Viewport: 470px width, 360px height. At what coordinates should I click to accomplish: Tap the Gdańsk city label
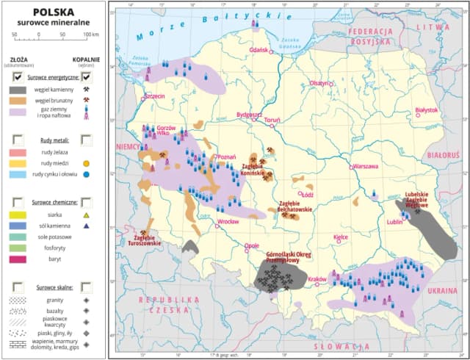258,49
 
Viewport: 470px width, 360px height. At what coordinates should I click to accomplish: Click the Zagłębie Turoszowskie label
145,240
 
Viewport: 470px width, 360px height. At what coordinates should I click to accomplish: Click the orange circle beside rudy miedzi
87,163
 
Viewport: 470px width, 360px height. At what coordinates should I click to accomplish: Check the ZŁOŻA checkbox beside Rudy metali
18,139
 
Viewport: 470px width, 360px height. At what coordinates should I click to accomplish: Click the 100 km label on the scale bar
90,35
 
